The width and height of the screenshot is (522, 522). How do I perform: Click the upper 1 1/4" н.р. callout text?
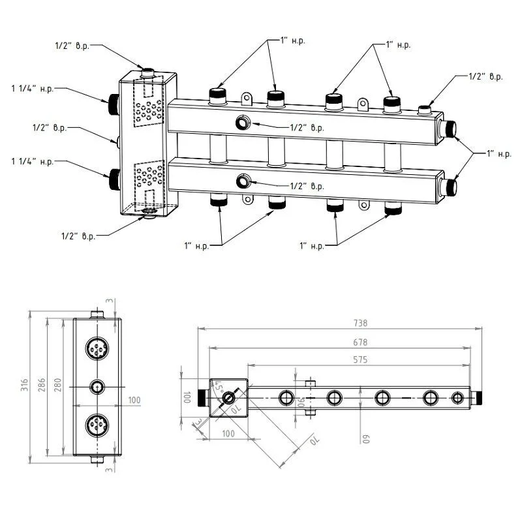(x=32, y=87)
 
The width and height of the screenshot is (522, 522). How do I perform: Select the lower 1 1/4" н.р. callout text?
(x=32, y=161)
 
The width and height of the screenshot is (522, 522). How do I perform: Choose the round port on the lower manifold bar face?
(x=243, y=181)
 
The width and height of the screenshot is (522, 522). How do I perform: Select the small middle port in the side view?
(x=96, y=387)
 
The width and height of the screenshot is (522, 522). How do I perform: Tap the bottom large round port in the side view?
(x=96, y=425)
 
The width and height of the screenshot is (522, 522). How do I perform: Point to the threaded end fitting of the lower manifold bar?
(x=448, y=185)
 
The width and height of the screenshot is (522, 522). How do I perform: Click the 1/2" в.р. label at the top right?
(x=485, y=76)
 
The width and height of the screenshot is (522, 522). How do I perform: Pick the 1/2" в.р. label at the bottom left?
(x=78, y=236)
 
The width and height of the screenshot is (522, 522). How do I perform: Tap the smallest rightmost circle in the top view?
(x=458, y=397)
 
